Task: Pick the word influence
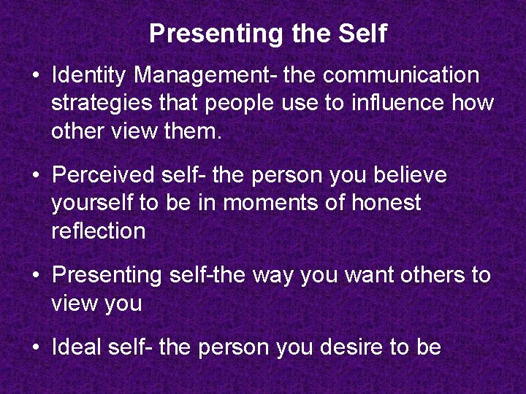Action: (x=395, y=104)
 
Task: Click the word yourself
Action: (x=94, y=203)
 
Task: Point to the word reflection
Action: (x=98, y=231)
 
